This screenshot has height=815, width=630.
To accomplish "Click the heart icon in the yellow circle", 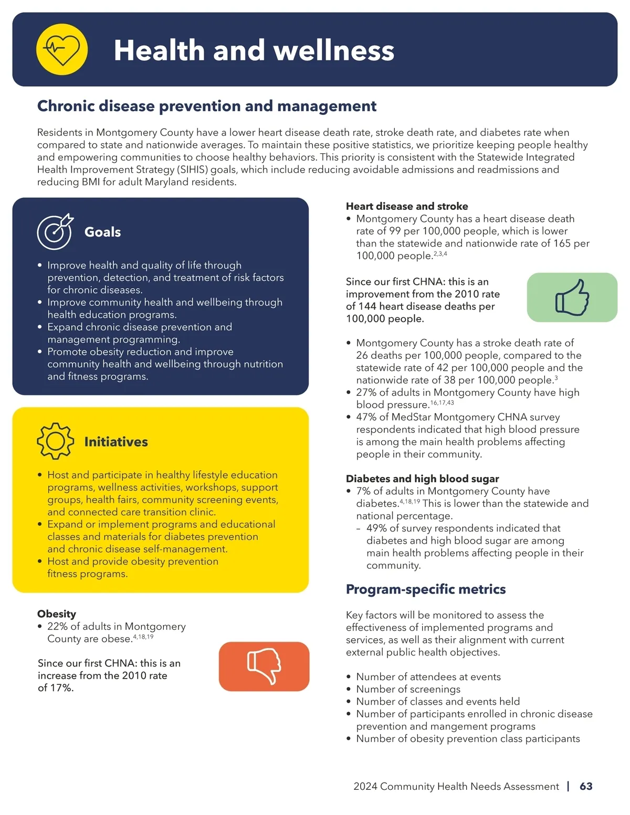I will pyautogui.click(x=62, y=49).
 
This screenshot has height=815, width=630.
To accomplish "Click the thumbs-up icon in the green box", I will pyautogui.click(x=572, y=297).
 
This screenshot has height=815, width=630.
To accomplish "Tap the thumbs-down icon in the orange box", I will pyautogui.click(x=264, y=666).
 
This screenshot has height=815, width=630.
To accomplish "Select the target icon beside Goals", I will pyautogui.click(x=55, y=231).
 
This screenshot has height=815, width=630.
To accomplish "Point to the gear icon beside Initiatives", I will pyautogui.click(x=55, y=441).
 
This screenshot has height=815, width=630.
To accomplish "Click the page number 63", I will pyautogui.click(x=586, y=786).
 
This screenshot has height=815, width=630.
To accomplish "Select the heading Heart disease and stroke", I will pyautogui.click(x=406, y=206).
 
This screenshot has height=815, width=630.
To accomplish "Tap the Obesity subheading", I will pyautogui.click(x=57, y=613).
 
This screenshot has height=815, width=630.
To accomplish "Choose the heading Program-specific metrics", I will pyautogui.click(x=425, y=589).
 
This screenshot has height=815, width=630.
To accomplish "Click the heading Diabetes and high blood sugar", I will pyautogui.click(x=422, y=479).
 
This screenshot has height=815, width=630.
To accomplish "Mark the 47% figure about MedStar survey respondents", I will pyautogui.click(x=366, y=417).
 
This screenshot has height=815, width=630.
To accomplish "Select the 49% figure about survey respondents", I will pyautogui.click(x=376, y=528).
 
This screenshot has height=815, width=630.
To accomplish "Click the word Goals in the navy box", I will pyautogui.click(x=102, y=232).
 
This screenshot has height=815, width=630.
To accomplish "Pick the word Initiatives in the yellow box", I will pyautogui.click(x=116, y=442).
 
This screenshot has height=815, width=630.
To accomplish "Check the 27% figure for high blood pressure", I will pyautogui.click(x=366, y=393).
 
